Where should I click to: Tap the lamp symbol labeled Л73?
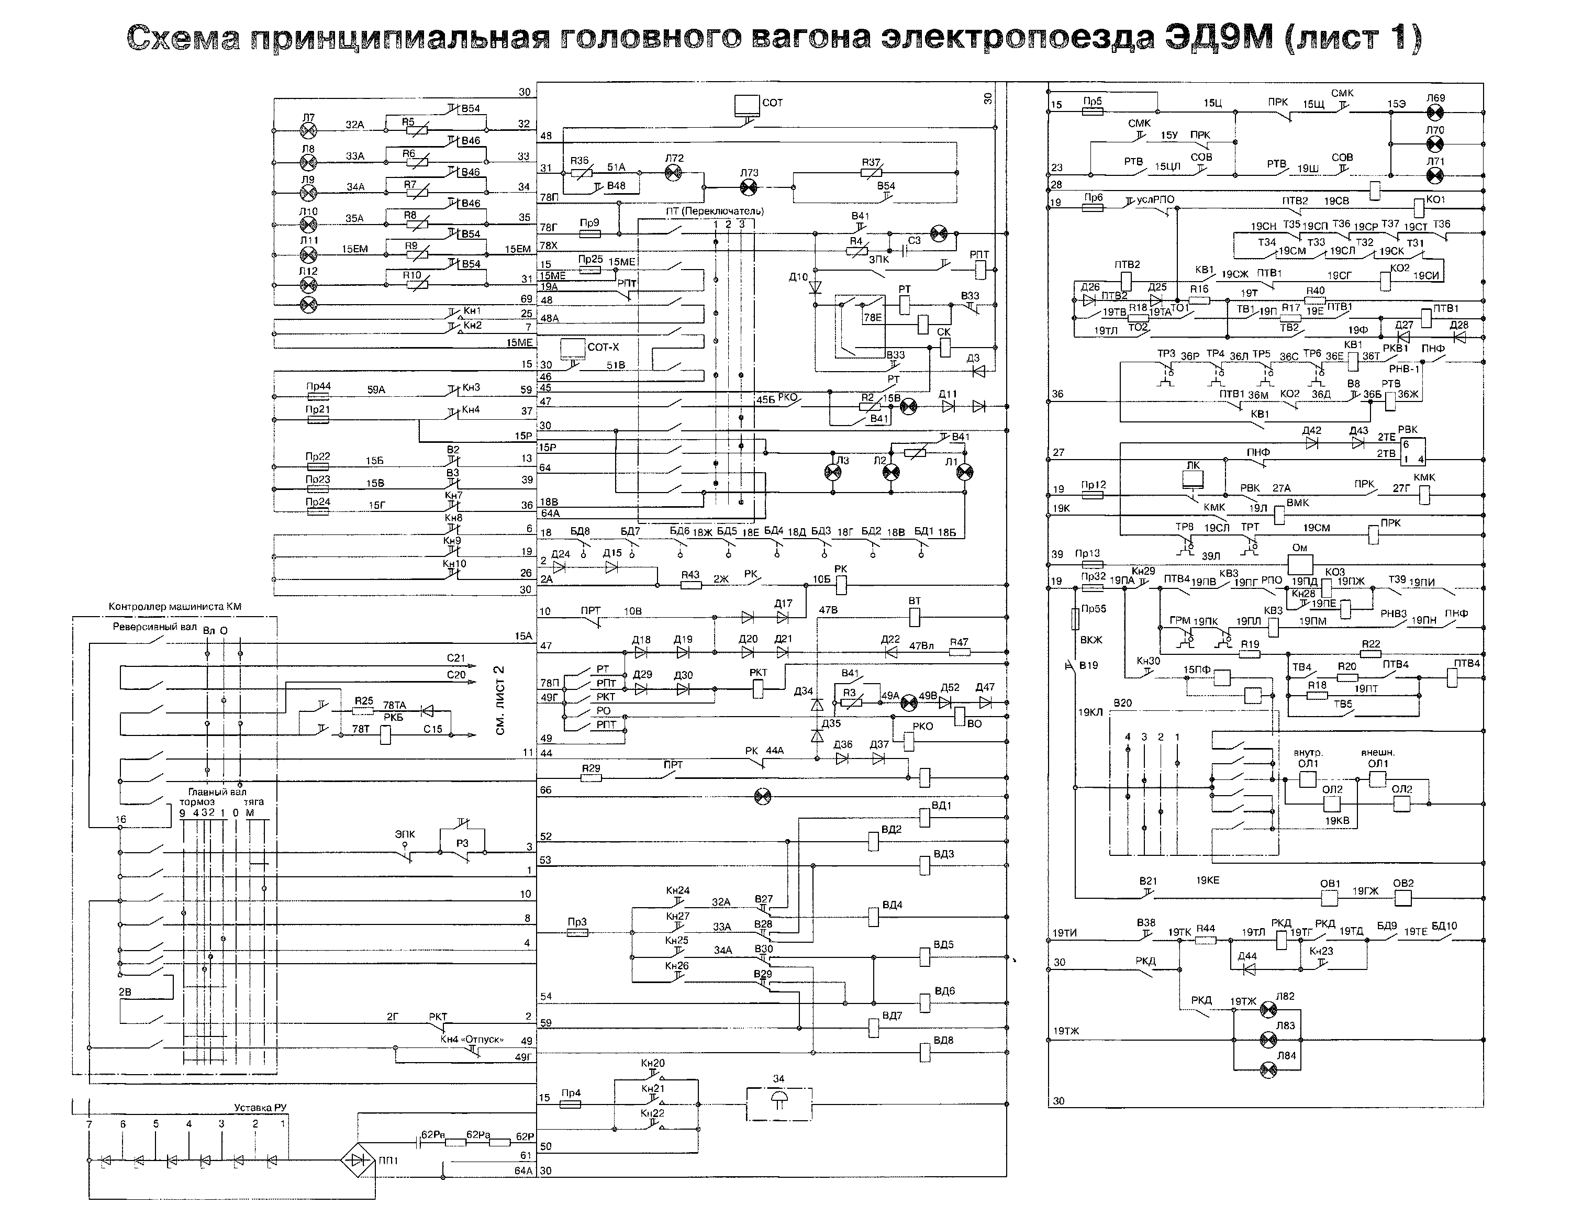749,187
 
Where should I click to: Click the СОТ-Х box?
573,348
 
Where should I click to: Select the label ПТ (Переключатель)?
714,211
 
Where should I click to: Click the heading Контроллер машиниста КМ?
175,606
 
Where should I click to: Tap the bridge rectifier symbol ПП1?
358,1160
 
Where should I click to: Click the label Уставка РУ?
260,1108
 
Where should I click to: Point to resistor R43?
690,585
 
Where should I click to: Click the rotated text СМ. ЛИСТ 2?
500,700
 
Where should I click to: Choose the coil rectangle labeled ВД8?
925,1053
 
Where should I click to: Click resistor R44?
1206,940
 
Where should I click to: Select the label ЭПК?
405,835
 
